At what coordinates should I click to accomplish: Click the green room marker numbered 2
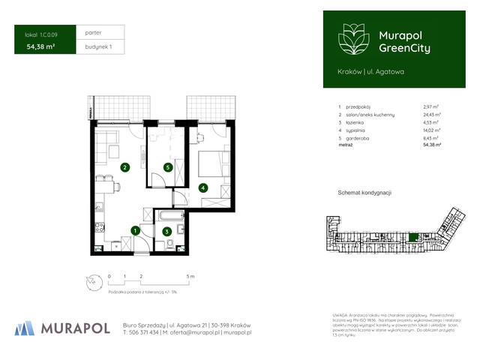[124, 167]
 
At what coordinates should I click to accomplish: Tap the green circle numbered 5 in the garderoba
[168, 167]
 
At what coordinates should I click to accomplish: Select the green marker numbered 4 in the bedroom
[202, 187]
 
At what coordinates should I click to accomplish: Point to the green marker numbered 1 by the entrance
[134, 230]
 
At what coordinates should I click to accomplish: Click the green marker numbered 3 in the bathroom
[167, 230]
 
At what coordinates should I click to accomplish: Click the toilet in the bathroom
[171, 244]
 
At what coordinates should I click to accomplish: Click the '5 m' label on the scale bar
[191, 277]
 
